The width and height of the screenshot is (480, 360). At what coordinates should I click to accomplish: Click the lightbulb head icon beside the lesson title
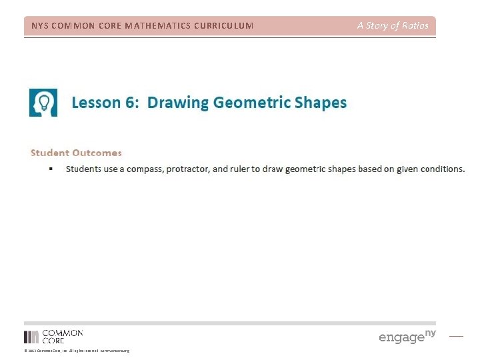tap(43, 102)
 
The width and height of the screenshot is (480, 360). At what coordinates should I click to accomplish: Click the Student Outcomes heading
tap(76, 153)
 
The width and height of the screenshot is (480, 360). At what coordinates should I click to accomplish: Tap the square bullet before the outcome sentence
tap(51, 169)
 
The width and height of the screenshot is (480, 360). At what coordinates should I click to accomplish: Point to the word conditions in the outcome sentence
tap(441, 169)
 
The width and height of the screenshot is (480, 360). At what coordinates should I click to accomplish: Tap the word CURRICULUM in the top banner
tap(223, 26)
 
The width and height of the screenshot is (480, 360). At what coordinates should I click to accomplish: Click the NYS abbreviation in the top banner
tap(41, 26)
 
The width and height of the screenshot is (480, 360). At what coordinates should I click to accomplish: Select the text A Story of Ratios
tap(393, 26)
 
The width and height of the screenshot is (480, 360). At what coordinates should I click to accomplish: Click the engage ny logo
tap(407, 337)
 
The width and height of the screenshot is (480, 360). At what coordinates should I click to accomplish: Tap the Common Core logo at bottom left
tap(54, 337)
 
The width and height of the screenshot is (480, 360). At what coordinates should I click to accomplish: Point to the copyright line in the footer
tap(77, 351)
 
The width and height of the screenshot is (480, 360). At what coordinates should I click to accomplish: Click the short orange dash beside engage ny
tap(456, 337)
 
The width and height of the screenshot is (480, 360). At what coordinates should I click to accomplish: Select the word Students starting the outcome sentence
tap(84, 169)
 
